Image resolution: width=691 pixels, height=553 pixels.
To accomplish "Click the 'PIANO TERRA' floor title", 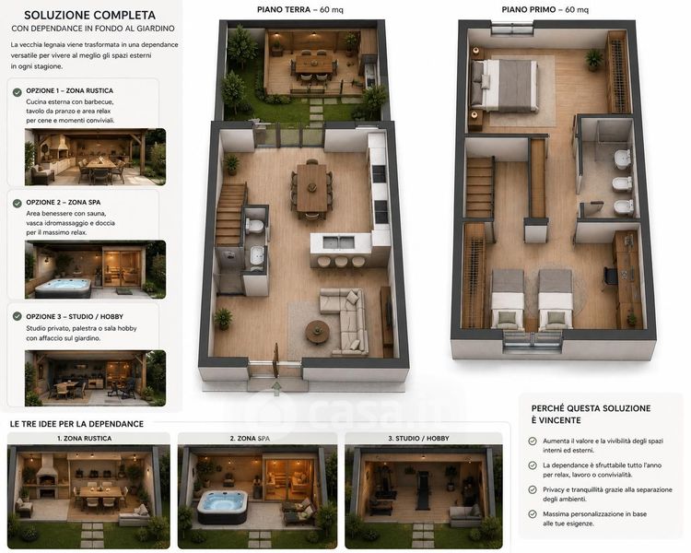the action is (284, 9).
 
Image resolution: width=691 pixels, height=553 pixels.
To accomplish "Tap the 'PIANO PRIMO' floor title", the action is (529, 9).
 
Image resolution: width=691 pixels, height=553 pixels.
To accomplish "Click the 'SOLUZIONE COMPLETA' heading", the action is (90, 15).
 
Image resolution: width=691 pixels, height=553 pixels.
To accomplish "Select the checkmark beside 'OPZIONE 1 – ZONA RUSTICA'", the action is (18, 92).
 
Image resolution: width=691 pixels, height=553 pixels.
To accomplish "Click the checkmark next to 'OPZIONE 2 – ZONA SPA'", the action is (18, 204).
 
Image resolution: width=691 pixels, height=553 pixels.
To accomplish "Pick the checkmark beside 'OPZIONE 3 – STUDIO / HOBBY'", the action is (18, 316).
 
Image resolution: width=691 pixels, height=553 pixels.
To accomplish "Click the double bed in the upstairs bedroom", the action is (504, 85).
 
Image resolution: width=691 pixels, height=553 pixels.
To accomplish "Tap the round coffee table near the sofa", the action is (317, 331).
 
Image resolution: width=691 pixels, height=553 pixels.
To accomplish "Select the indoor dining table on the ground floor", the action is (311, 188).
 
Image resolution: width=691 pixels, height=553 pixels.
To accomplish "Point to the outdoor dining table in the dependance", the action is (314, 65).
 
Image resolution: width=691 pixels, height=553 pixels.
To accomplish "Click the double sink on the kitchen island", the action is (338, 242).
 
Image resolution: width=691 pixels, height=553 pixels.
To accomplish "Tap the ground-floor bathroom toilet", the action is (254, 226).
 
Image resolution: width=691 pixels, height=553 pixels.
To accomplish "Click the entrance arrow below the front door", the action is (276, 389).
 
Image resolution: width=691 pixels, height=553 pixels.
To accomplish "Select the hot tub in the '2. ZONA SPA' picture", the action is (222, 506).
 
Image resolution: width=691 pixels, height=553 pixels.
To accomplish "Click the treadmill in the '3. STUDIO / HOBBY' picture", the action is (423, 489).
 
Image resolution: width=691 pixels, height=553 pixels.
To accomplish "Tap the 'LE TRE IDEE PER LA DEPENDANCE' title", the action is (76, 424).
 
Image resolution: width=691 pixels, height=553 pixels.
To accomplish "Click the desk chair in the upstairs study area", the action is (611, 276).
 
